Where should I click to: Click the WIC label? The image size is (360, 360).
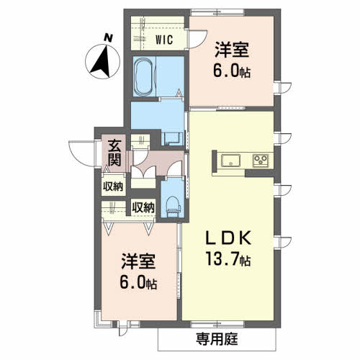tap(164, 40)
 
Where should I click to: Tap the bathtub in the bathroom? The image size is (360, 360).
tap(143, 76)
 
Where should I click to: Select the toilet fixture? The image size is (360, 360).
tap(174, 206)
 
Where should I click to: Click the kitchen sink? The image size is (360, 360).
tap(230, 161)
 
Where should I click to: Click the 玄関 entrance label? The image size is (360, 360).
tap(114, 153)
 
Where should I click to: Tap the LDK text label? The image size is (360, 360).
tap(228, 238)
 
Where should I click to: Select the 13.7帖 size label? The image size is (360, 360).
tap(228, 259)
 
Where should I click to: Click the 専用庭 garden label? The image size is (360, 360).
tap(217, 339)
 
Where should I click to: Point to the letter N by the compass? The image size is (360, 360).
tap(108, 38)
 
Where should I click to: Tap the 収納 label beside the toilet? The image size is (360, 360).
tap(143, 207)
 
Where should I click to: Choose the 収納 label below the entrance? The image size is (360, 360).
tap(113, 186)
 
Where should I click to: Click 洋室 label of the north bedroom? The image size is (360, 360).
tap(231, 50)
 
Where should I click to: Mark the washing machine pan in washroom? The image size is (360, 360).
tap(172, 139)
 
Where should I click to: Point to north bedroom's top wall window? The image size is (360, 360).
tap(217, 12)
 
